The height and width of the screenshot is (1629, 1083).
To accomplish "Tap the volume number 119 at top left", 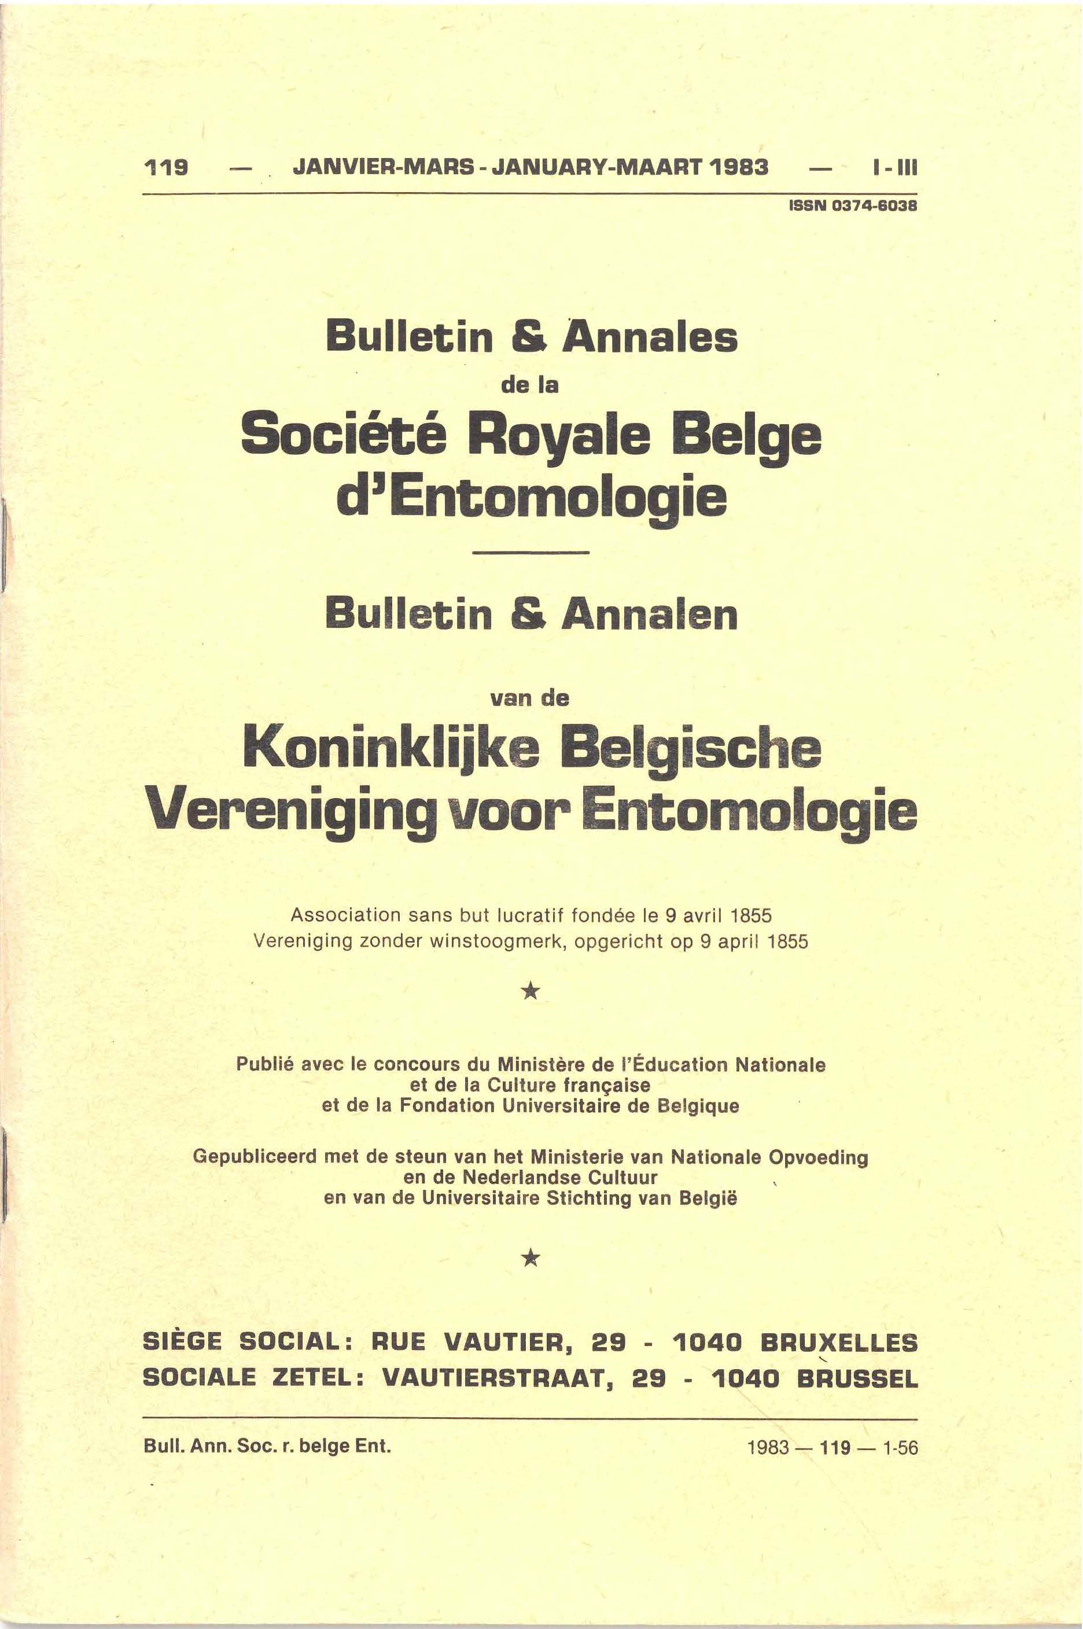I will [x=166, y=168].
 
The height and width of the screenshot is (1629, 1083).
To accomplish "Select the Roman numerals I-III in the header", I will [x=895, y=168].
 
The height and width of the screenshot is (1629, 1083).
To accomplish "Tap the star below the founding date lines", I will [x=530, y=992].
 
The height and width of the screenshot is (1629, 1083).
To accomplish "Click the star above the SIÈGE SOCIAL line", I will [x=530, y=1258].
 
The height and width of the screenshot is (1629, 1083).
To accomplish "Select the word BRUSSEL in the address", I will [x=857, y=1379].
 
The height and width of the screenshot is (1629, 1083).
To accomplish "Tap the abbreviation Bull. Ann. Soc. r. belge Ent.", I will [x=267, y=1445].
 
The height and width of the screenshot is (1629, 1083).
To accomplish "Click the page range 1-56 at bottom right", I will [x=900, y=1447].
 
